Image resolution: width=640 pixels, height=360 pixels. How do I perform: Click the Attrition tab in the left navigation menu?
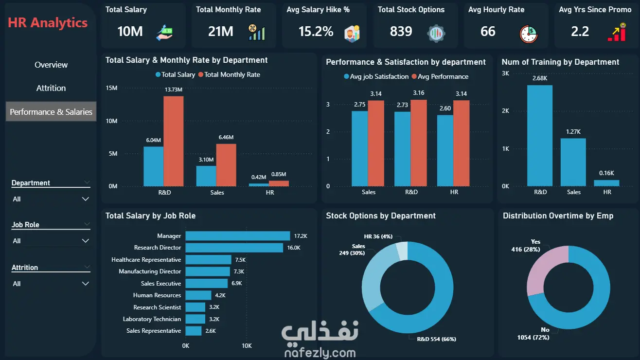(51, 88)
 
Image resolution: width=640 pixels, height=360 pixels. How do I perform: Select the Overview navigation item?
(51, 65)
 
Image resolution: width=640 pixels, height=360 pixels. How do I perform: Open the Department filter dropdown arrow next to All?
(85, 199)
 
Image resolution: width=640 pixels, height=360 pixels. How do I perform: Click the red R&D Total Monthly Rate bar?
(174, 141)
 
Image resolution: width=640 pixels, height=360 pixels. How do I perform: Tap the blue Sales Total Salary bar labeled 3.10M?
(206, 176)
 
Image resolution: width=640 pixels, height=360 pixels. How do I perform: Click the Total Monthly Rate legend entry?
(229, 74)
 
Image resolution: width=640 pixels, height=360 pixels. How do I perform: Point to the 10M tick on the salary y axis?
(111, 121)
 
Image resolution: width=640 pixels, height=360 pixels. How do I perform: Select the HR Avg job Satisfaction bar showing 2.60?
(445, 151)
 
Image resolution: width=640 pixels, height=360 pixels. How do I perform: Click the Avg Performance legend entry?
(440, 76)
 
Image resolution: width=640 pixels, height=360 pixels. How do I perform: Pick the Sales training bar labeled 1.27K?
(573, 162)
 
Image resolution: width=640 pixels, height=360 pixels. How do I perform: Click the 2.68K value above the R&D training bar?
(540, 78)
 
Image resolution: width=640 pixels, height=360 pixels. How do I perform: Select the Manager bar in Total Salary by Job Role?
(238, 236)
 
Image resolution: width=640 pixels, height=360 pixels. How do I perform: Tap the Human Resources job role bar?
(198, 295)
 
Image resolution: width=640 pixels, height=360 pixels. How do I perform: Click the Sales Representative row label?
(154, 331)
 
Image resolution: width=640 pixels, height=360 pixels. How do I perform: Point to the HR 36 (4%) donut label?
(378, 236)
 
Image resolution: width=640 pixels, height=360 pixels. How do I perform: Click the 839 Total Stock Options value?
(401, 31)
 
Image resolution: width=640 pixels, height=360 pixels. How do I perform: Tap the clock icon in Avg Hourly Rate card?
(528, 34)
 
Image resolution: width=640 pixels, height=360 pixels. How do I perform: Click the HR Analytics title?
(48, 22)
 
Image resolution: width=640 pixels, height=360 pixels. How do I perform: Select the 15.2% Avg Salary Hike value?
(316, 32)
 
